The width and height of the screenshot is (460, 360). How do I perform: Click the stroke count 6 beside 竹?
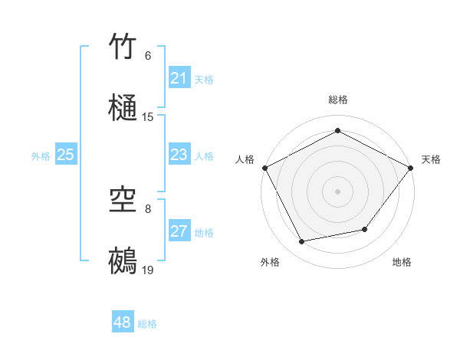coord(148,56)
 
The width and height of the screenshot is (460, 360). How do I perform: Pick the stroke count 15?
coord(148,117)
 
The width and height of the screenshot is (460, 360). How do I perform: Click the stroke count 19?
coord(148,270)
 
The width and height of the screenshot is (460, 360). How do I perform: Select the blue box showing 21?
coord(179,78)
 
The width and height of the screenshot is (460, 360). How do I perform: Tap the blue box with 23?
coord(179,155)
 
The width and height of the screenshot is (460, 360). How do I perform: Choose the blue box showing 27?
coord(179,231)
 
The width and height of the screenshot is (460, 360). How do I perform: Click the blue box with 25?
coord(66,155)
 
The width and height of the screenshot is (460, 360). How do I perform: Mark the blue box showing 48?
coord(123,322)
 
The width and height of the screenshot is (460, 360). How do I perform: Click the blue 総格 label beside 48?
coord(147,324)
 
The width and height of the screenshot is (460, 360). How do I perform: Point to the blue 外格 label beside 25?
coord(41,156)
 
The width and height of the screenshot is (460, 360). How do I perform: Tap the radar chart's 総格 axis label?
coord(337,100)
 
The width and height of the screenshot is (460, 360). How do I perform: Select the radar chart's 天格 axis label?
coord(431,159)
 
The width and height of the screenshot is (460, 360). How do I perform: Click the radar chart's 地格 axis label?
coord(402,262)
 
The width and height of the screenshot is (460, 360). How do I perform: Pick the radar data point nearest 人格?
coord(264,167)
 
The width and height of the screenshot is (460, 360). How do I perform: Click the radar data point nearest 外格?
coord(302,242)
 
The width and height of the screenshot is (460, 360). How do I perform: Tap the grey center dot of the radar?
coord(337,191)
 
